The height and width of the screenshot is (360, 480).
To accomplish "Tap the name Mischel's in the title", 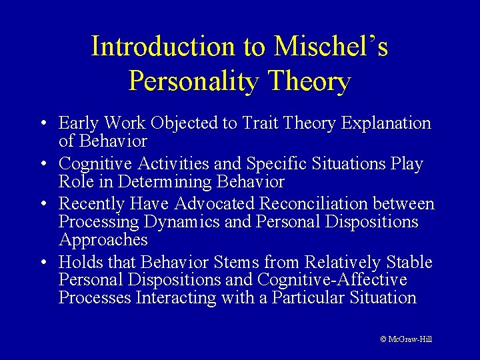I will (x=331, y=47).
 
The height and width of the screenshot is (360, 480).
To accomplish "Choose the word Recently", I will (x=91, y=204).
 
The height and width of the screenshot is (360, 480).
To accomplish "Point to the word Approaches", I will (x=103, y=239).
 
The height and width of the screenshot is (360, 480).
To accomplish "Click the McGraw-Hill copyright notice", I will (x=406, y=339).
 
